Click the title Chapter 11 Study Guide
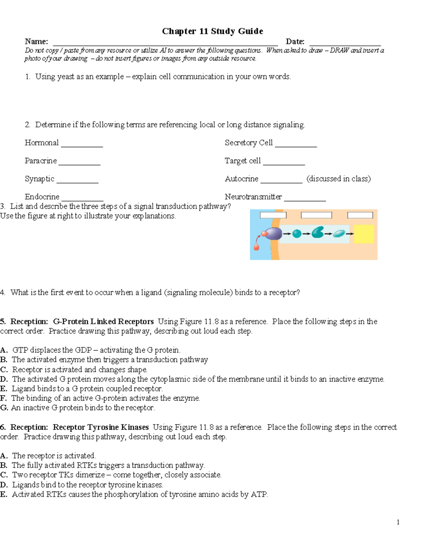pos(212,31)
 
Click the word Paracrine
pos(41,161)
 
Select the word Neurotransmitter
pos(253,197)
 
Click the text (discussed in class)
pos(339,179)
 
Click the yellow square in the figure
pos(364,234)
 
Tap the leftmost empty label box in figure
pos(273,215)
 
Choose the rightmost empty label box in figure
pos(360,215)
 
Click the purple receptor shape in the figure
pos(273,233)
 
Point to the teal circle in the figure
pos(297,233)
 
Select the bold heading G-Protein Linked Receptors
pos(103,321)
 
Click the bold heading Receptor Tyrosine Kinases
pos(101,427)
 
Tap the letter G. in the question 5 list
pos(4,408)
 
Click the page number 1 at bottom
pos(398,522)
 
